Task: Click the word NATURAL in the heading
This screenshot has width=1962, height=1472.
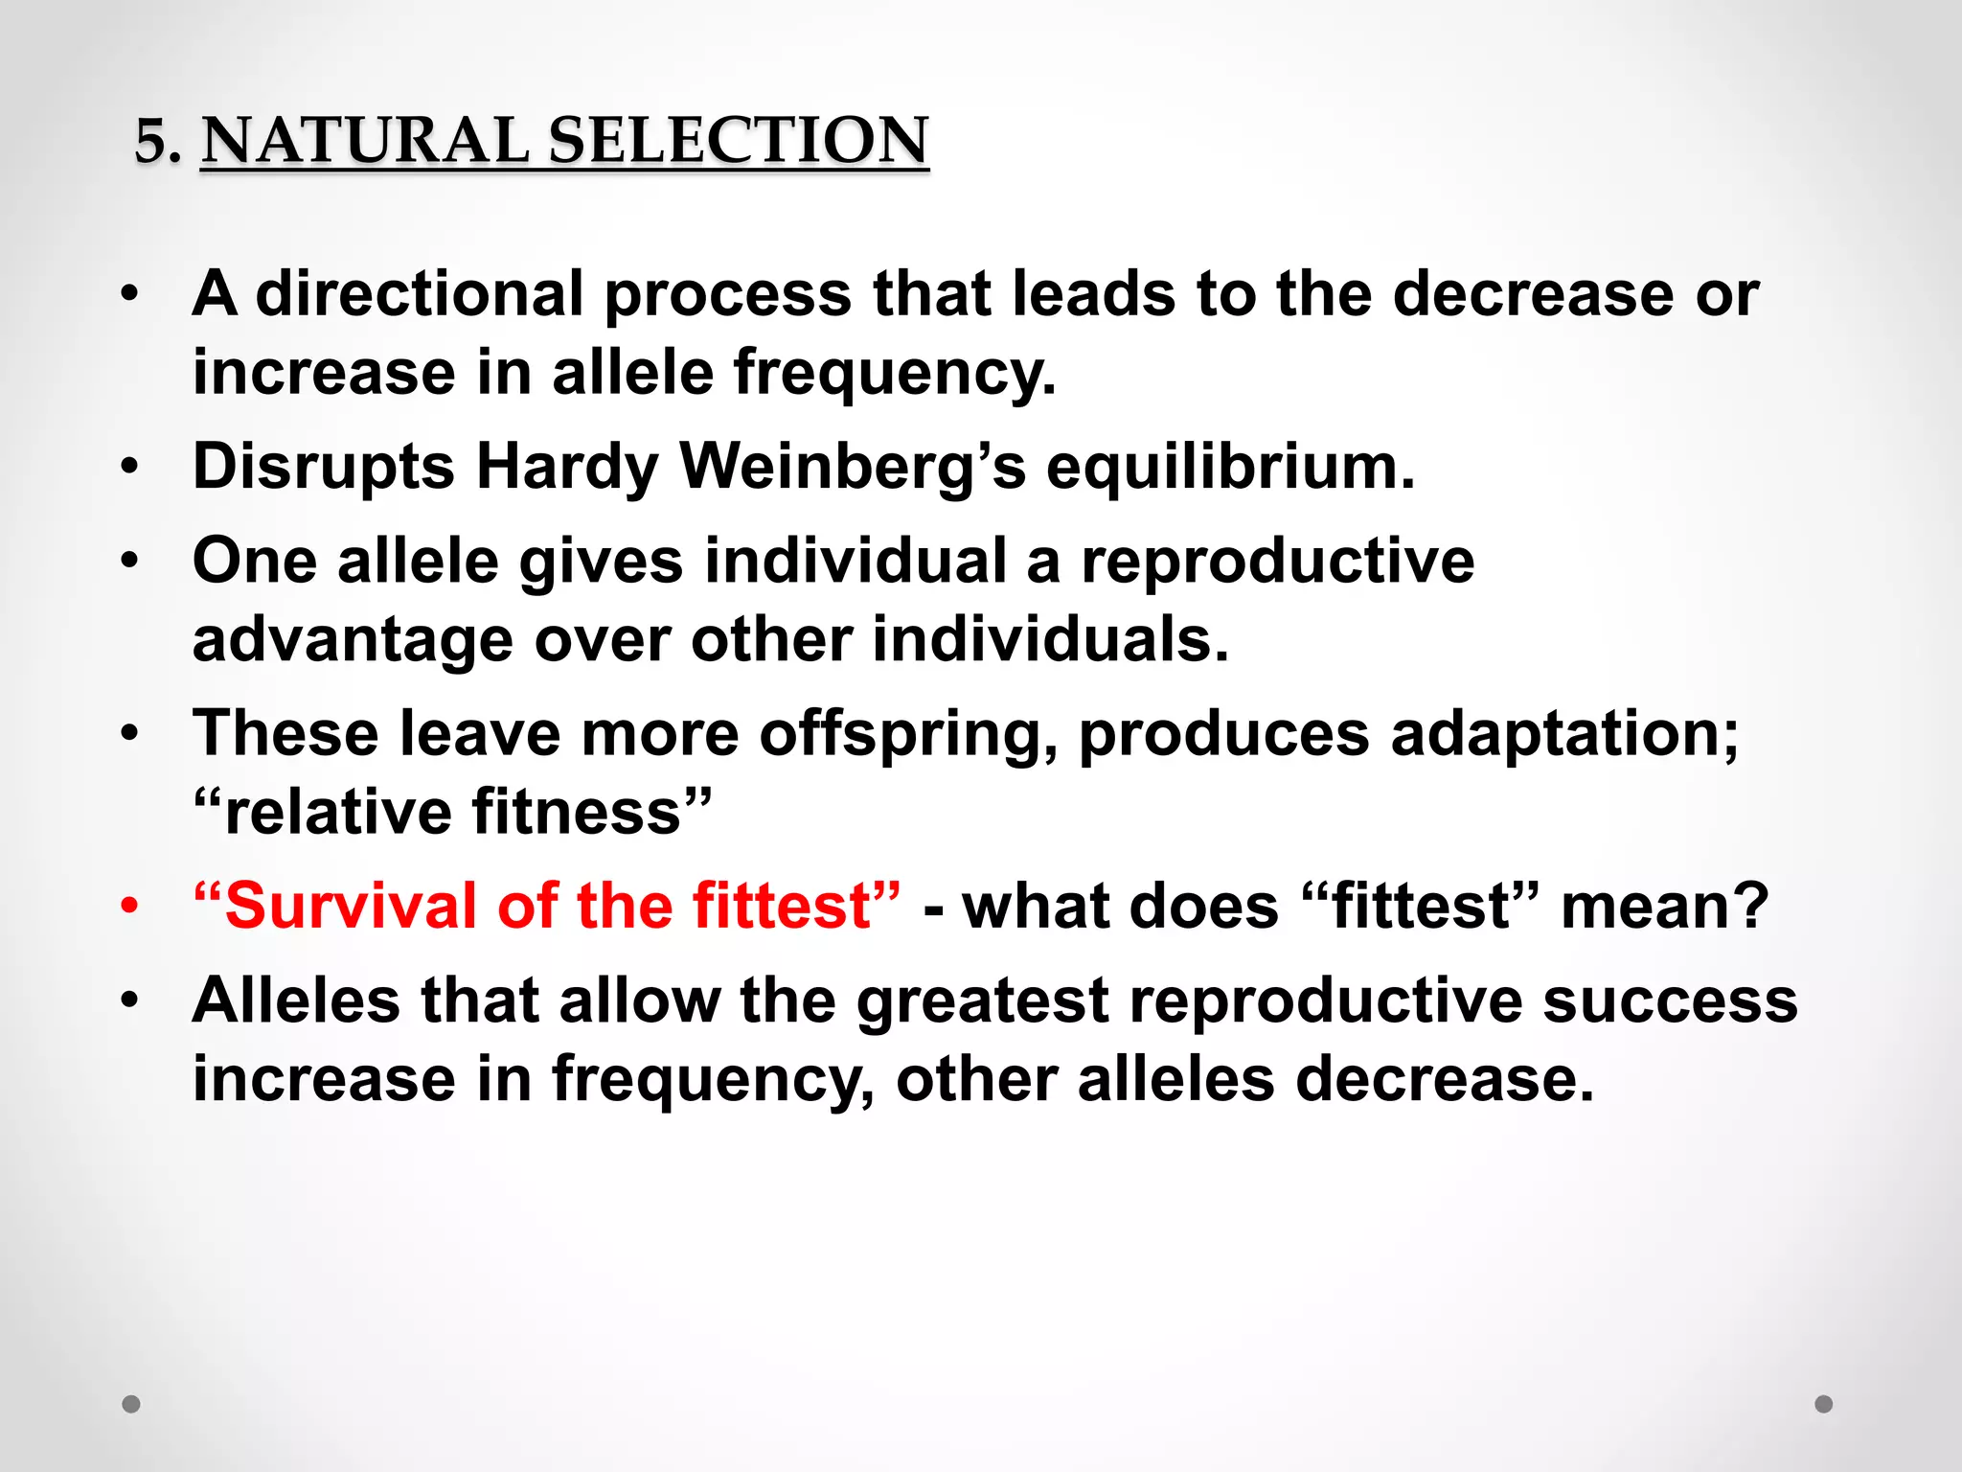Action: pyautogui.click(x=364, y=140)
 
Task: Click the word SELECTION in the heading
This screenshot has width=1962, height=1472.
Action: pyautogui.click(x=738, y=140)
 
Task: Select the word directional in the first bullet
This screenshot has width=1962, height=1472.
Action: pyautogui.click(x=420, y=293)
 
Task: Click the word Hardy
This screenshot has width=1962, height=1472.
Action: pyautogui.click(x=567, y=467)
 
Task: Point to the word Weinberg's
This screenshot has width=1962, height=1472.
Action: pyautogui.click(x=853, y=467)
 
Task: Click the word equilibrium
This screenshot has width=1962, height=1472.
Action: pyautogui.click(x=1229, y=467)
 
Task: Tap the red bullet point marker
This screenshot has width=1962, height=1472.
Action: pyautogui.click(x=130, y=906)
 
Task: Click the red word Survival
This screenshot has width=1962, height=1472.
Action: pyautogui.click(x=351, y=906)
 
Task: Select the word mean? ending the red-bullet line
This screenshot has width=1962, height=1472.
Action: pyautogui.click(x=1664, y=906)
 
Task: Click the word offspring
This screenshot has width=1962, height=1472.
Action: pyautogui.click(x=908, y=735)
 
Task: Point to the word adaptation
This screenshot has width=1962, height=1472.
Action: pyautogui.click(x=1563, y=735)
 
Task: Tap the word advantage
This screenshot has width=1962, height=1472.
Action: pyautogui.click(x=353, y=640)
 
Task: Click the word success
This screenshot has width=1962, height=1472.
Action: pyautogui.click(x=1670, y=1000)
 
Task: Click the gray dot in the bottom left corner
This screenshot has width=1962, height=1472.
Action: pyautogui.click(x=131, y=1404)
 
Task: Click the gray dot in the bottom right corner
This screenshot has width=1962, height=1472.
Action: pyautogui.click(x=1823, y=1404)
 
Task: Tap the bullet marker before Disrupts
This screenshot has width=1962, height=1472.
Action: pyautogui.click(x=130, y=468)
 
